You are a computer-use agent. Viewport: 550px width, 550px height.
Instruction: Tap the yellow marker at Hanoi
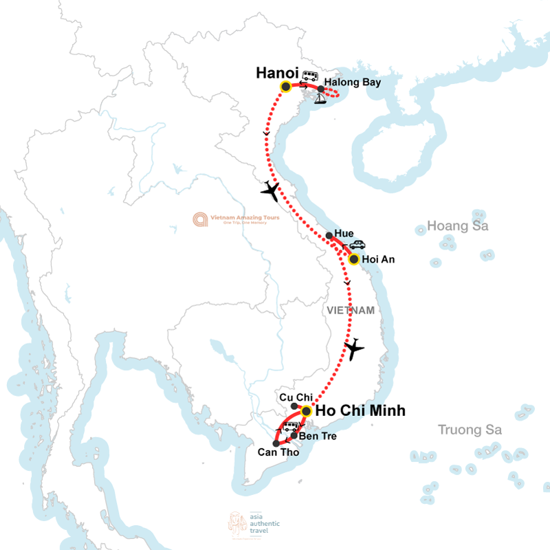285,87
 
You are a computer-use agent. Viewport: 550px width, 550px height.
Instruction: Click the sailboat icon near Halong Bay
320,98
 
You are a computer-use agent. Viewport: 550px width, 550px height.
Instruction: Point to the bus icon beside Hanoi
311,75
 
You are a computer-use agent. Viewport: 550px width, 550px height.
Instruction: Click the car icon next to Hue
357,244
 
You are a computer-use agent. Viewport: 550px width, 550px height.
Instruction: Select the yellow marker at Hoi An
353,259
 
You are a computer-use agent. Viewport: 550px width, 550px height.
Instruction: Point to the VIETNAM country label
351,311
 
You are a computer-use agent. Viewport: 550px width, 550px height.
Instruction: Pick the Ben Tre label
316,436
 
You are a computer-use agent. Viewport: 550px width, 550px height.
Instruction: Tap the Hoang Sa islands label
457,225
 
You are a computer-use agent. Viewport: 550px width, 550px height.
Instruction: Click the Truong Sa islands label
470,430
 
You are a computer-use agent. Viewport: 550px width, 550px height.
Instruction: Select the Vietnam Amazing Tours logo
234,219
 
